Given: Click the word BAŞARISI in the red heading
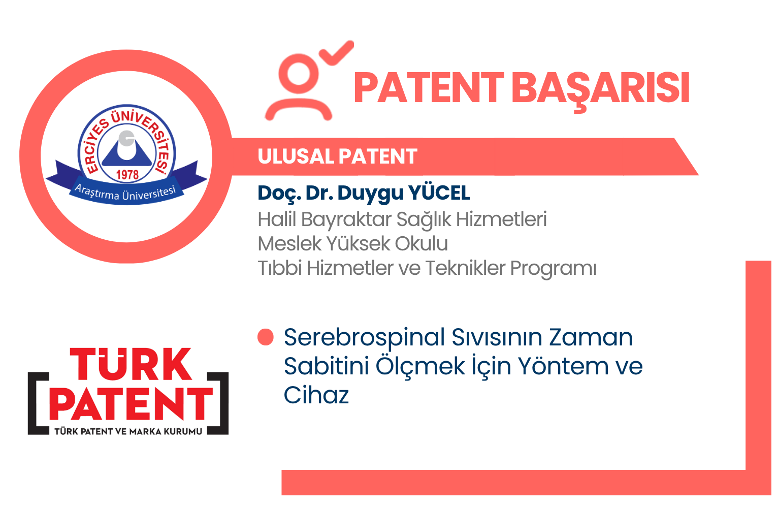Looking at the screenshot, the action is (x=601, y=89).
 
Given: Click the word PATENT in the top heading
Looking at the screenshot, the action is (x=429, y=87).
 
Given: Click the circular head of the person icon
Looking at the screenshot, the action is (x=299, y=74).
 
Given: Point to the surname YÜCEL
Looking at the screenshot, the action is (x=439, y=193).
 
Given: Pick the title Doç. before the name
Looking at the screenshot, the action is (x=279, y=194).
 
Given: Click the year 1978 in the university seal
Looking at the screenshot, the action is (x=127, y=175).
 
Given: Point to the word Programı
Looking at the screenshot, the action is (x=553, y=269).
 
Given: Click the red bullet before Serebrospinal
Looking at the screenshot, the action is (x=266, y=337).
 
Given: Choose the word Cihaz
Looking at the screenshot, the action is (x=316, y=395).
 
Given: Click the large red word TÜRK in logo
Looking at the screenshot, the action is (x=131, y=364).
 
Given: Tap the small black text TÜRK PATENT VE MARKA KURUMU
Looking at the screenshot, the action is (x=128, y=431).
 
